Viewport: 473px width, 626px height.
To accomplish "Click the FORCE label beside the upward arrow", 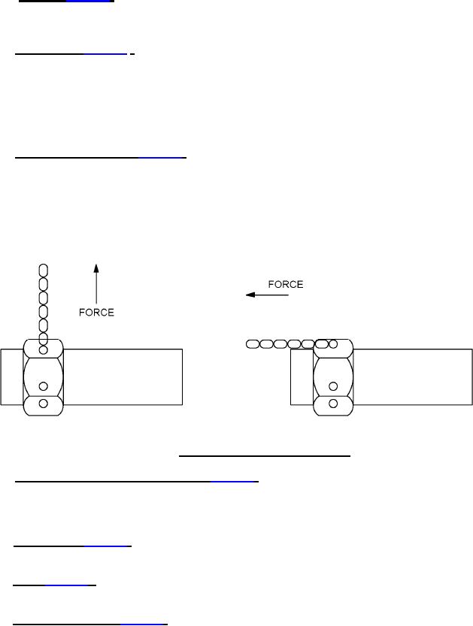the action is pyautogui.click(x=96, y=312).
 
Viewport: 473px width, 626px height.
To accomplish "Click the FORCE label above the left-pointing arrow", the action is pyautogui.click(x=286, y=284).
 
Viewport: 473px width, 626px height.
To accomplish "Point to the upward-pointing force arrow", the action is pyautogui.click(x=96, y=284).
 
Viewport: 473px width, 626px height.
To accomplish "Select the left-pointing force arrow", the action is pyautogui.click(x=267, y=295).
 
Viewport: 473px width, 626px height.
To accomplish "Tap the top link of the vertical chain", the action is pyautogui.click(x=43, y=271).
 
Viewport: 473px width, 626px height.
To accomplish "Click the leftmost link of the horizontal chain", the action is pyautogui.click(x=253, y=343).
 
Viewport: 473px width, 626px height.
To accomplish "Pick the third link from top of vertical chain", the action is pyautogui.click(x=43, y=298).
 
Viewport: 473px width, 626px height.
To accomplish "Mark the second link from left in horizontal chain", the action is pyautogui.click(x=266, y=343).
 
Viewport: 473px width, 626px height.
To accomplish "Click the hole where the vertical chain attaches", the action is pyautogui.click(x=43, y=350).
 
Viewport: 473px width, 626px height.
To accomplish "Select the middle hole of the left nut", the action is pyautogui.click(x=43, y=386).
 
